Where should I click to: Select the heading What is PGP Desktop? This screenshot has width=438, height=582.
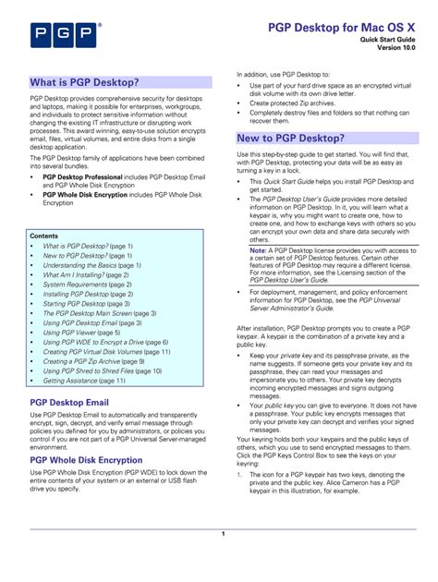84,82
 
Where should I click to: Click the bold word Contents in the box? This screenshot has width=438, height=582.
43,236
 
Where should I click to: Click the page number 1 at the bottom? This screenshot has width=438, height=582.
223,535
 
